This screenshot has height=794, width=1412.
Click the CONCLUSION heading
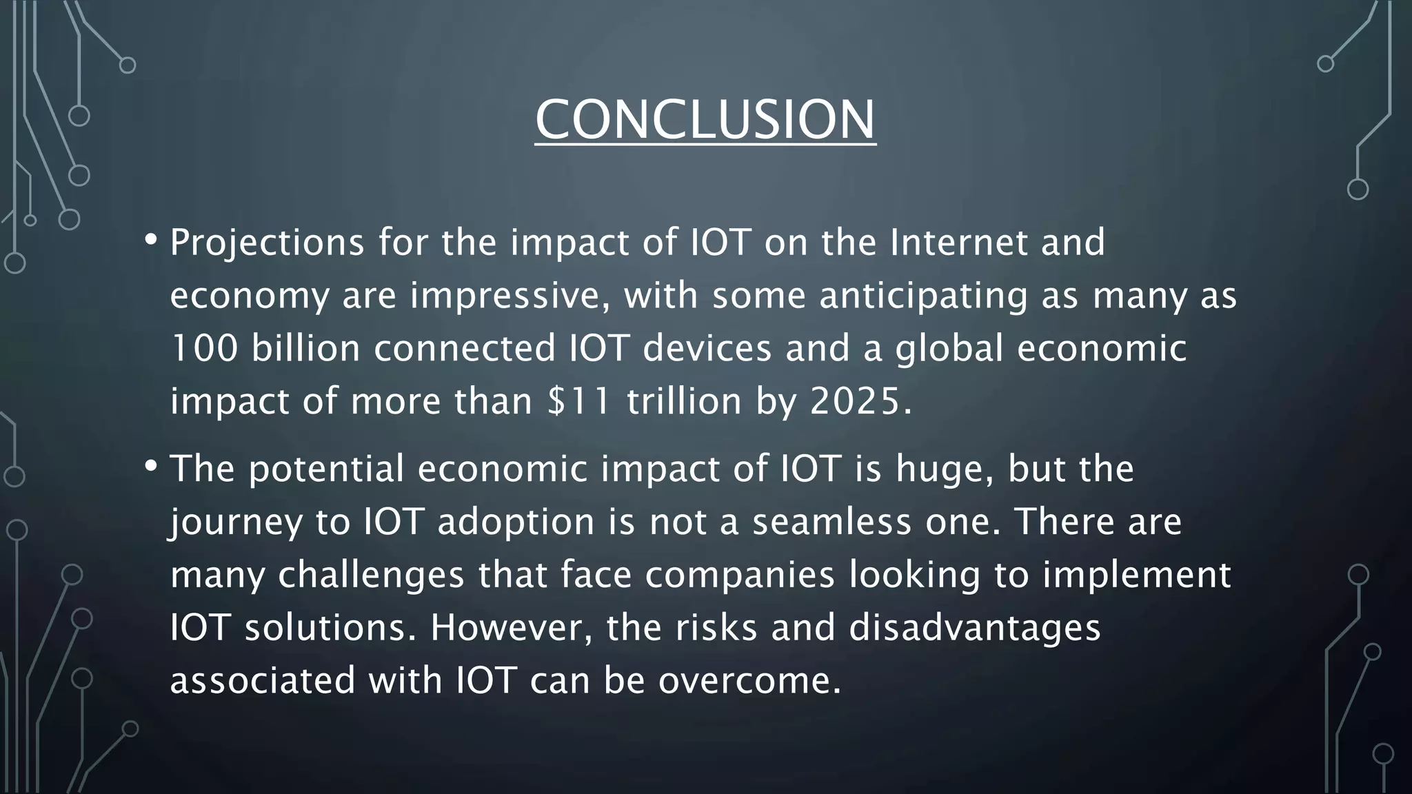pyautogui.click(x=705, y=120)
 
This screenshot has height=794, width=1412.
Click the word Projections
pyautogui.click(x=267, y=243)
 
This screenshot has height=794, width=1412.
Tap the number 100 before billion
pyautogui.click(x=204, y=348)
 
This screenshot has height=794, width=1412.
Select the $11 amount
pyautogui.click(x=578, y=401)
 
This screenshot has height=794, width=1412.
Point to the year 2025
pyautogui.click(x=855, y=401)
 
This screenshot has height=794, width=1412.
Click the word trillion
pyautogui.click(x=684, y=401)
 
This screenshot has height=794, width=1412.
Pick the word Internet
pyautogui.click(x=958, y=243)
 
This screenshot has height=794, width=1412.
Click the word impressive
pyautogui.click(x=510, y=296)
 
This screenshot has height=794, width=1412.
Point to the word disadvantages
pyautogui.click(x=974, y=628)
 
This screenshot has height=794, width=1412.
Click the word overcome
pyautogui.click(x=749, y=681)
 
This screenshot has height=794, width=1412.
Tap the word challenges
pyautogui.click(x=371, y=575)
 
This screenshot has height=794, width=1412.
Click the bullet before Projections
pyautogui.click(x=151, y=241)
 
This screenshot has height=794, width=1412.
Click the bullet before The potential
pyautogui.click(x=151, y=467)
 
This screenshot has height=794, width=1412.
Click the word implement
pyautogui.click(x=1136, y=575)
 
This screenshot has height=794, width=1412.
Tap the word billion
pyautogui.click(x=305, y=348)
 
